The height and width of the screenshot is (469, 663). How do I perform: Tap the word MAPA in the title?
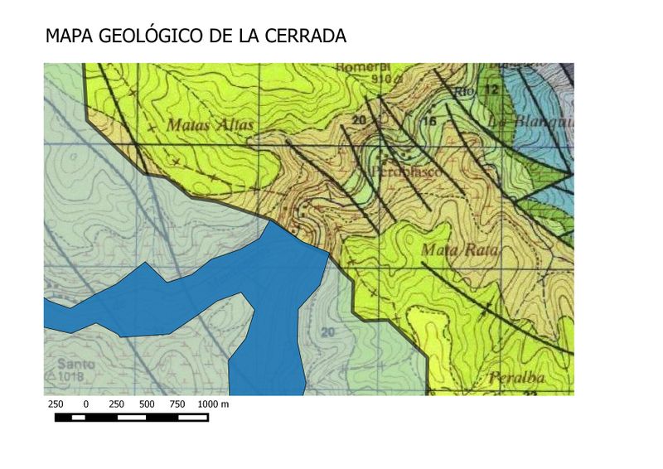point(70,36)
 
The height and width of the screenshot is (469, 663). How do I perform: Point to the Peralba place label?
point(516,379)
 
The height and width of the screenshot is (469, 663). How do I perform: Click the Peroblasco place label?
point(405,171)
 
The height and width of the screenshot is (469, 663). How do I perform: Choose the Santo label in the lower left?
point(75,364)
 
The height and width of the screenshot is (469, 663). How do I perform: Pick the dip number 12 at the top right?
point(492,89)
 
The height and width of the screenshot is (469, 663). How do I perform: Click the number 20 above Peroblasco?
point(359,121)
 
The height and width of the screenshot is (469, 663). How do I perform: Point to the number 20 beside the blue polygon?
point(328,332)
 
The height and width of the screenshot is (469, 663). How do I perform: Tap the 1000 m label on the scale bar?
point(213,404)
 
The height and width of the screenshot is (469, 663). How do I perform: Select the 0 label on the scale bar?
point(86,404)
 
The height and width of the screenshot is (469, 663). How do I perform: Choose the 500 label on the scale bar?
point(147,404)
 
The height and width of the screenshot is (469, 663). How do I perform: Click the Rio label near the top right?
point(464,92)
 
